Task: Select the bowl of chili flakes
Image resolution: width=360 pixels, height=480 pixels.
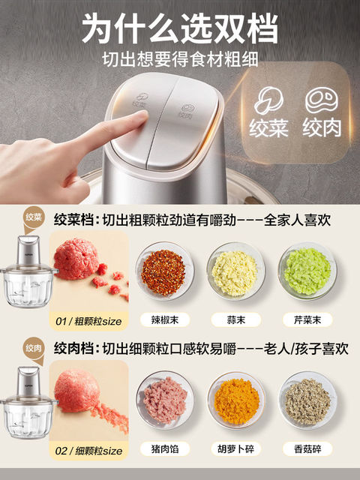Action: pos(163,271)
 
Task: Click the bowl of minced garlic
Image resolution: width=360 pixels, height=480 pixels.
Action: pos(235,271)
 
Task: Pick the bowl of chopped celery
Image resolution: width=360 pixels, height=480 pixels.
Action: pos(307,271)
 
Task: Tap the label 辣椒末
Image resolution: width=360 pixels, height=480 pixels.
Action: pos(163,319)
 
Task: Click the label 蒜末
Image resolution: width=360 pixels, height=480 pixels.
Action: pos(235,319)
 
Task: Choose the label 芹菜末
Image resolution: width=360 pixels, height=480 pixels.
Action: pos(307,319)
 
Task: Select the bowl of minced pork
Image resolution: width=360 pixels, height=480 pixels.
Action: pos(163,400)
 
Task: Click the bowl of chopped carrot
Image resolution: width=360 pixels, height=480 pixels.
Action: pos(235,400)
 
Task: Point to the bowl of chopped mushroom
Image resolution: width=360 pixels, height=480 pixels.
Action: pos(307,400)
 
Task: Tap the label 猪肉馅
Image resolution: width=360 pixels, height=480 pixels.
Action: pos(163,451)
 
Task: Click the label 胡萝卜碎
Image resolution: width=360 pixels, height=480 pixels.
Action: pos(235,451)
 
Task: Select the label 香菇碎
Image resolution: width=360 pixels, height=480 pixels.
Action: pos(307,451)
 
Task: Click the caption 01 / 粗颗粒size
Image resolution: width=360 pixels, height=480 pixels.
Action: pos(88,322)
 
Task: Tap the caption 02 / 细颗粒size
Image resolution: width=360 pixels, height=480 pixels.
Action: pos(88,451)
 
